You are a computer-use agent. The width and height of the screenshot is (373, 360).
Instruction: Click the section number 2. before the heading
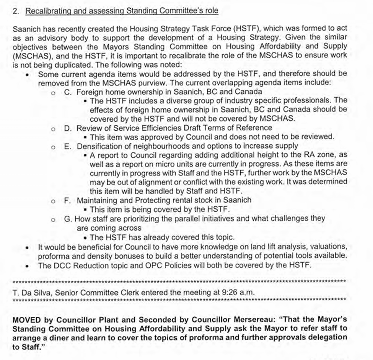click(16, 11)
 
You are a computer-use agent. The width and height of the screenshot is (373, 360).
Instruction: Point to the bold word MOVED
click(26, 320)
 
